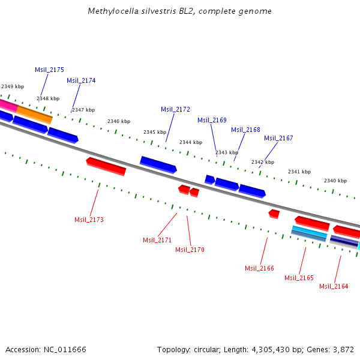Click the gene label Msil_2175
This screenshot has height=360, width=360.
tap(49, 70)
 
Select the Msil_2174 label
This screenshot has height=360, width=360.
tap(81, 80)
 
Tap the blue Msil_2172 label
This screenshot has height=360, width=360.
tap(175, 109)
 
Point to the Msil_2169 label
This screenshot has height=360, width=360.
tap(212, 120)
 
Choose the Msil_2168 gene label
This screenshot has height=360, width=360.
tap(245, 130)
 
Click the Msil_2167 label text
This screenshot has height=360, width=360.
tap(278, 138)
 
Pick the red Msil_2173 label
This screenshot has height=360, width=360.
tap(89, 220)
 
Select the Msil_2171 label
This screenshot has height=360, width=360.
tap(157, 240)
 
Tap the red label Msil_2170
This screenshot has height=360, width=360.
tap(190, 250)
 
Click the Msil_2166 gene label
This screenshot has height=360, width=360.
tap(259, 268)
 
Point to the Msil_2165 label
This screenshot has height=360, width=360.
tap(299, 278)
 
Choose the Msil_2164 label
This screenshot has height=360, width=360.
tap(334, 286)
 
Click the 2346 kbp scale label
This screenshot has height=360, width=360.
tap(119, 121)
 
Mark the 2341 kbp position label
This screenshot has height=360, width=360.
tap(299, 172)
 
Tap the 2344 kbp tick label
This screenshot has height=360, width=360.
tap(191, 142)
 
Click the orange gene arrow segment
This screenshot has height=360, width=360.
tap(34, 114)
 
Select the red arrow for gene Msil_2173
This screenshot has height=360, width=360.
tap(106, 166)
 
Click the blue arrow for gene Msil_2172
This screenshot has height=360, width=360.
tap(158, 164)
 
